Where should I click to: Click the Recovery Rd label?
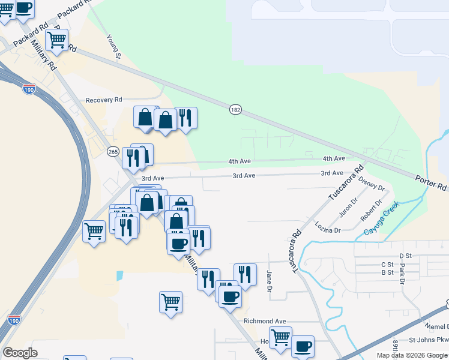[104, 100]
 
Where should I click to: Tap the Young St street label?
[114, 47]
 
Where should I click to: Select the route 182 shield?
[235, 109]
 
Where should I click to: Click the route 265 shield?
[113, 152]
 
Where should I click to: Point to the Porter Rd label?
[431, 182]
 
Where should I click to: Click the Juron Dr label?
[348, 207]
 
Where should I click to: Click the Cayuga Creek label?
[381, 221]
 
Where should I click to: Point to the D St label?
[405, 256]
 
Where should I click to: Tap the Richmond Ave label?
[265, 321]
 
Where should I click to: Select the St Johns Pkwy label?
[429, 340]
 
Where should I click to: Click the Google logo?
[20, 353]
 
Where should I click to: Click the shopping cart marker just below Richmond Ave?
[280, 338]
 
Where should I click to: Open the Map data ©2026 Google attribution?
[412, 355]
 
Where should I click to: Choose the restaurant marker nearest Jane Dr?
[245, 274]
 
